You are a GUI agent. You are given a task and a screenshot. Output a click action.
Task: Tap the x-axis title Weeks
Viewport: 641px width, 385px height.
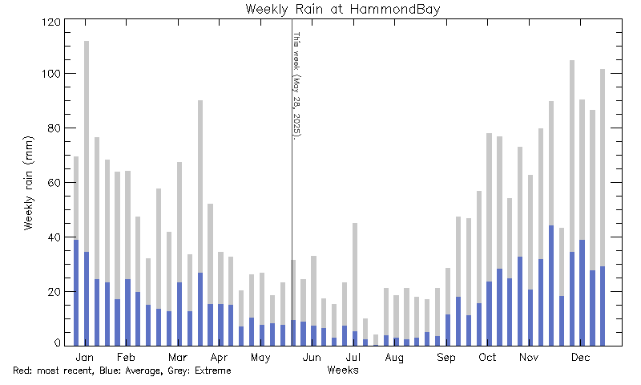(x=342, y=370)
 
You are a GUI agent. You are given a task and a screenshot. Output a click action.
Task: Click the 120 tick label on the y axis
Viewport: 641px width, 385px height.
(x=51, y=22)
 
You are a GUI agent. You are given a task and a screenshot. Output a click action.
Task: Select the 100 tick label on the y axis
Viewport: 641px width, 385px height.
(x=51, y=75)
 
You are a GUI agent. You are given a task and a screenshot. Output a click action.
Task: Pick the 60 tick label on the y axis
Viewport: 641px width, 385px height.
(x=54, y=183)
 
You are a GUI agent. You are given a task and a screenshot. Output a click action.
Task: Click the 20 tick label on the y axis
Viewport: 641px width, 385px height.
(x=54, y=292)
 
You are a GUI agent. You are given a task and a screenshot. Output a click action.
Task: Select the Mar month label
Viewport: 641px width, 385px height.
(x=177, y=356)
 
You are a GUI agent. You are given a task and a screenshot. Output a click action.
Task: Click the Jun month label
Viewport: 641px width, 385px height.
(x=312, y=356)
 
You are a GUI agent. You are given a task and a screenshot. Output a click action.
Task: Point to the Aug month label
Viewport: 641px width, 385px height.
(x=394, y=356)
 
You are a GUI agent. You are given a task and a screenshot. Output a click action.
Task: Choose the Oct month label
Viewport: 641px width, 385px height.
(x=487, y=356)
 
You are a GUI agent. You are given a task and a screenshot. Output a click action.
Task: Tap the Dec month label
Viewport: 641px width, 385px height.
(x=580, y=356)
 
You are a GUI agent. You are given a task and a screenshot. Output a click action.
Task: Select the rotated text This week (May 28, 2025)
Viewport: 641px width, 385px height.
(x=296, y=85)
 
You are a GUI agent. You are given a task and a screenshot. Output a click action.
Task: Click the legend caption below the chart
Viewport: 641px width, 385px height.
(x=122, y=371)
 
